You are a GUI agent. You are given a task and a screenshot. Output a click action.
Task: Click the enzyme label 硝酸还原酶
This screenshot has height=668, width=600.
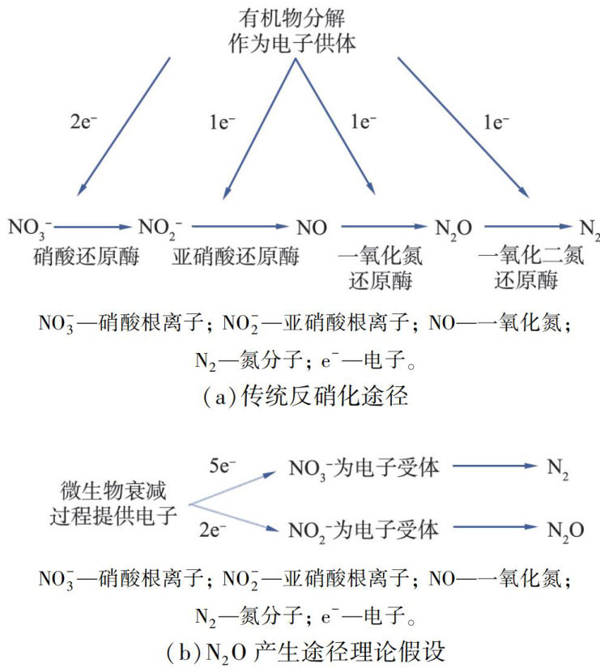tap(86, 257)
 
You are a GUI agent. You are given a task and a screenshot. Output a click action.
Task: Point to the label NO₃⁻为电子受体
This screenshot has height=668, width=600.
tap(364, 467)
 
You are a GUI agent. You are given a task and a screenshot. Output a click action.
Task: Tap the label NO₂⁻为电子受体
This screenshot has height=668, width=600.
tap(364, 530)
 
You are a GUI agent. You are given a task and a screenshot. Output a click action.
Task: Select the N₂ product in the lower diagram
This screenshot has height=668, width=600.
tap(558, 469)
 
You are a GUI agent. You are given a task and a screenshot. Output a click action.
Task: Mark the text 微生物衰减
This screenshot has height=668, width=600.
tap(108, 491)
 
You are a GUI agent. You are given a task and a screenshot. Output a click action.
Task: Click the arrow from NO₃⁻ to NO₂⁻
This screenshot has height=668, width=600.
tap(94, 228)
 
